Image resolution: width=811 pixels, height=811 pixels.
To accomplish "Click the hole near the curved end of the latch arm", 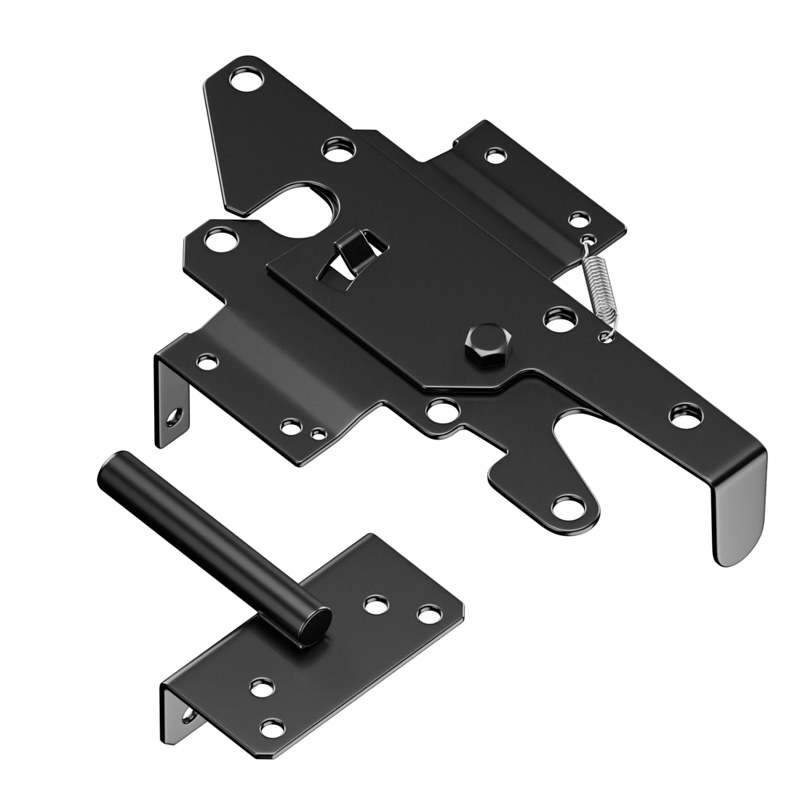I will coord(685,417).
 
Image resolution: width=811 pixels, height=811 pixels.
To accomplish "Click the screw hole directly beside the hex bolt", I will coord(560,320).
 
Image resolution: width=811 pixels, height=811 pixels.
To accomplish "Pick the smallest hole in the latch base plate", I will coord(319,434).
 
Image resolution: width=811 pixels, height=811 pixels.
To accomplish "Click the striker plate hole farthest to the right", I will coord(429,614).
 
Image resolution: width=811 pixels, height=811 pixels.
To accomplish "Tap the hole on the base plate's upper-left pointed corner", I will coord(217,240).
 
